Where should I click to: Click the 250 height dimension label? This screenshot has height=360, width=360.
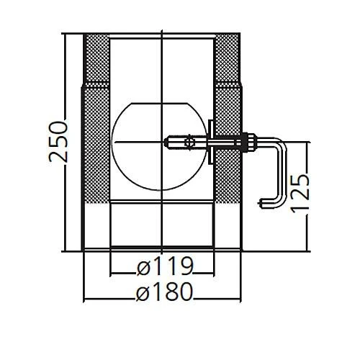(58, 142)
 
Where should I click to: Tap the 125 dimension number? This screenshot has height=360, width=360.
(300, 194)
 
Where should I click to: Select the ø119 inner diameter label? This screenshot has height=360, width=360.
(165, 266)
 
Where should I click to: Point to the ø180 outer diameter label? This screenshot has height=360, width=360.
(164, 292)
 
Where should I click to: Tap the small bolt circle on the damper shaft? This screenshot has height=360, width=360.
(189, 143)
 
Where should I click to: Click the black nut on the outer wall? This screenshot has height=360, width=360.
(246, 143)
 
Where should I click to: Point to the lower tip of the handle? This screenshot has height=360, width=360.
(259, 204)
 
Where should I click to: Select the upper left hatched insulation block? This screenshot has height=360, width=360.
(96, 58)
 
